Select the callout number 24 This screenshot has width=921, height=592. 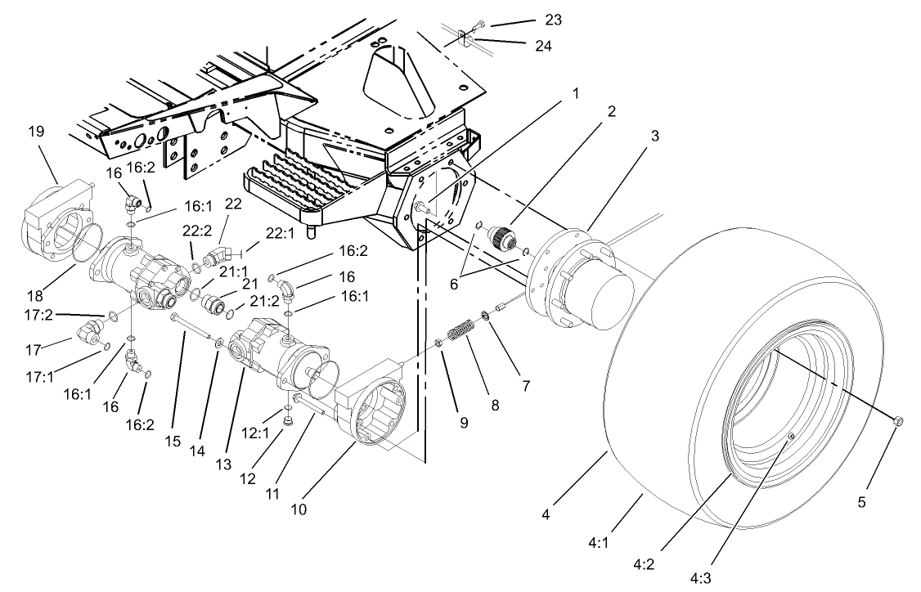click(542, 46)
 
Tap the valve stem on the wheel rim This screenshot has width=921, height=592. click(791, 439)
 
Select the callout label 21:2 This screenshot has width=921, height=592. click(263, 302)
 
